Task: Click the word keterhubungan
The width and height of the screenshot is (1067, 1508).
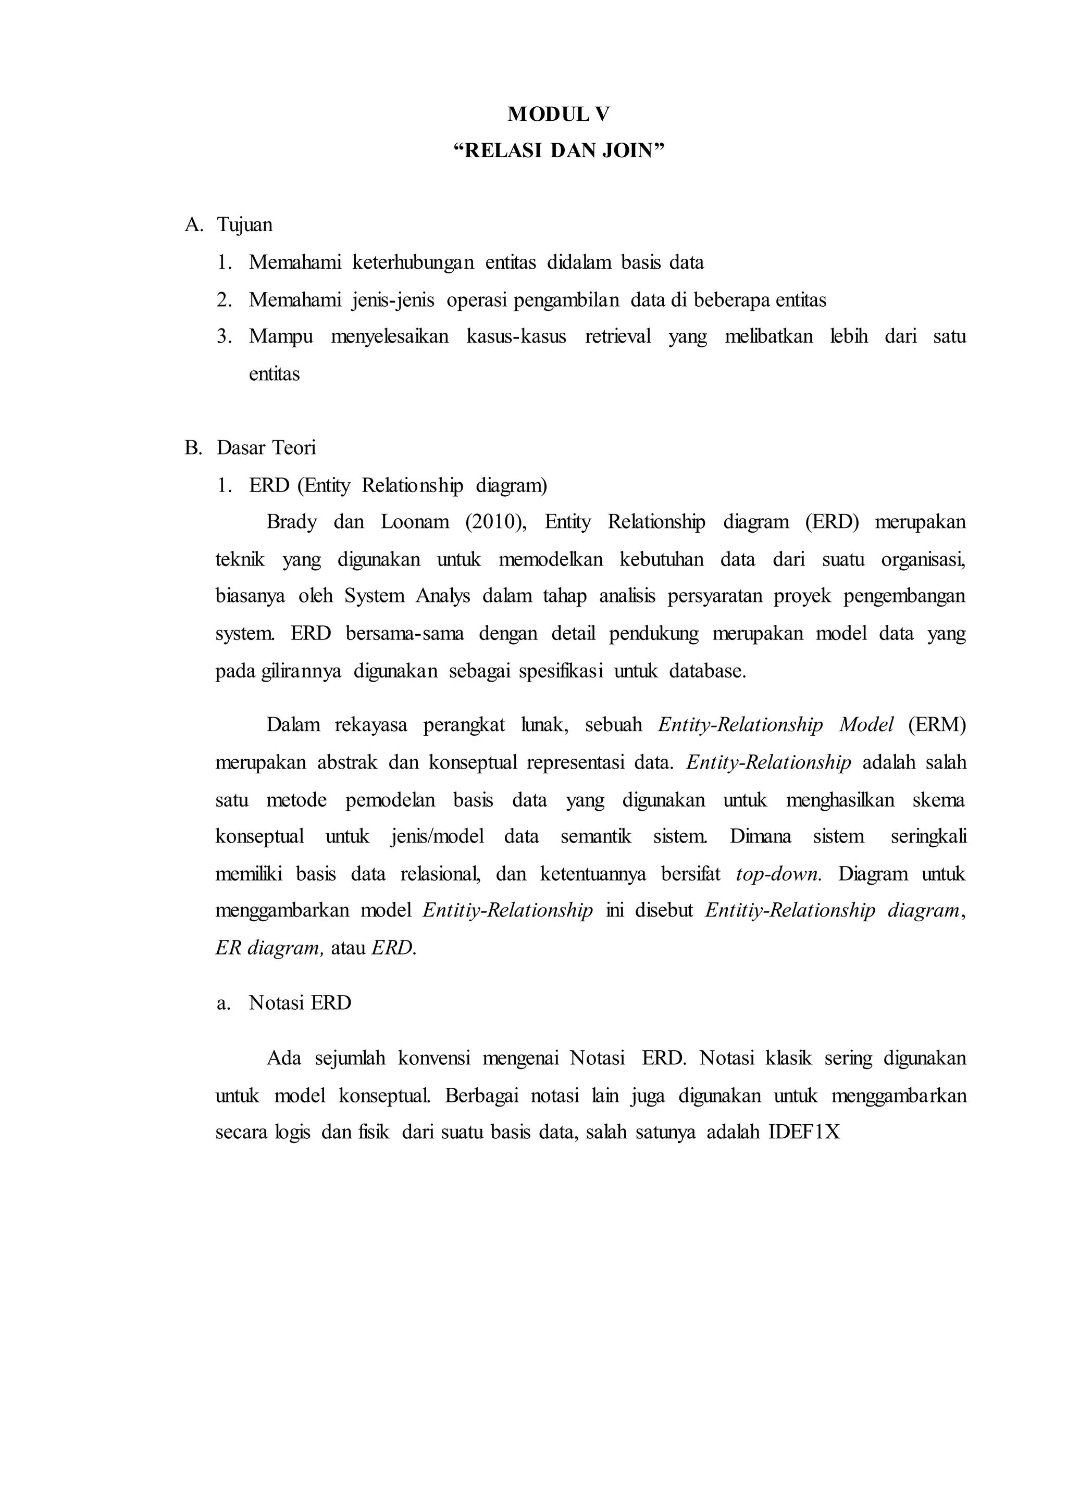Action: point(413,263)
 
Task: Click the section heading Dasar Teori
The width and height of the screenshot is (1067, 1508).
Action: point(266,448)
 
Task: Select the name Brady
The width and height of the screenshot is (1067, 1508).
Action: point(291,522)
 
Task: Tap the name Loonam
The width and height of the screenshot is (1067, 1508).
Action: point(415,522)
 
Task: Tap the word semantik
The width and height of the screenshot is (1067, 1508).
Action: point(595,837)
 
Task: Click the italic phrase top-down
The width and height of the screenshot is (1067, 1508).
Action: point(778,874)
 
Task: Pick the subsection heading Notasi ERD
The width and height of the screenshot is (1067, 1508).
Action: point(300,1003)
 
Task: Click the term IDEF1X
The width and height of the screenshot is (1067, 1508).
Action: point(804,1133)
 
